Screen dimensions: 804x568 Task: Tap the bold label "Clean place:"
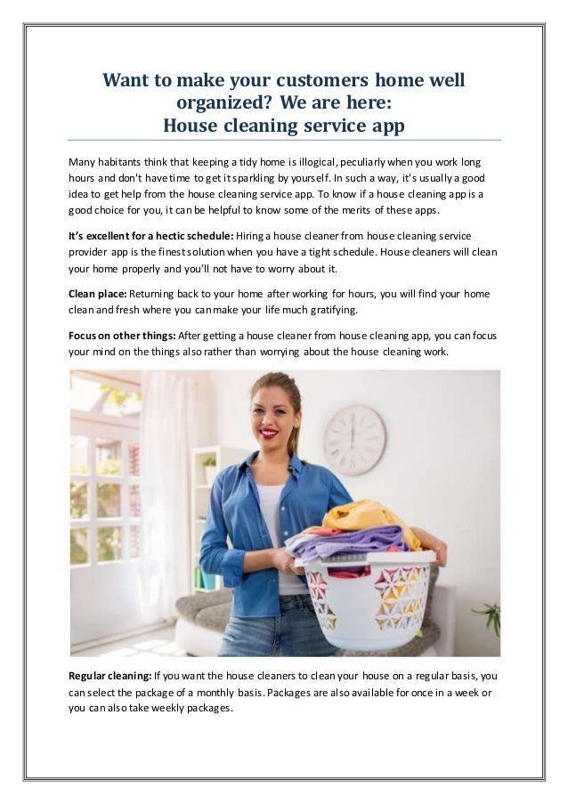[x=98, y=293]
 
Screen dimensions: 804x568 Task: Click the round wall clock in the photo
[x=354, y=440]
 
